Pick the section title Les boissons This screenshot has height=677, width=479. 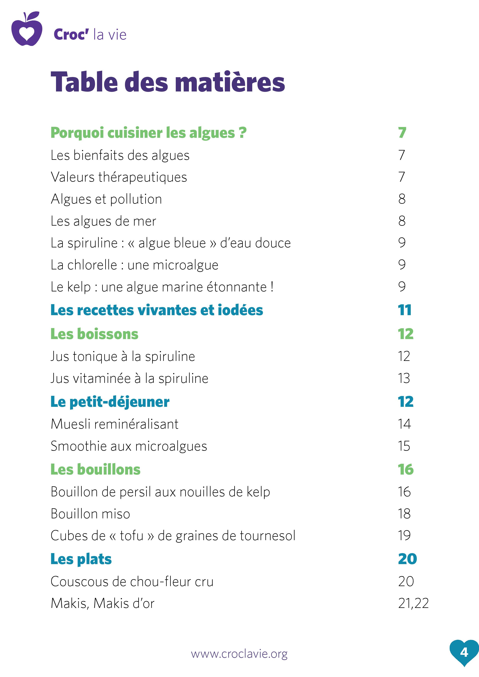94,334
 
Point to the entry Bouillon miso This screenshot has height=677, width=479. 90,514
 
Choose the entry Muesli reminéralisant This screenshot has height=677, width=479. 115,424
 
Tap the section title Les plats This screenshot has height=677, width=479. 81,559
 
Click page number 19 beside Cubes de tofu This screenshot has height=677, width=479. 404,536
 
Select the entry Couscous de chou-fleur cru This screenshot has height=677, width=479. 132,581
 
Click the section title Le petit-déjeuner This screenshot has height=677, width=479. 110,402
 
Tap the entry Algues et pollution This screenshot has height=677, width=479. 106,199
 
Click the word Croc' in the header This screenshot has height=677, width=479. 71,35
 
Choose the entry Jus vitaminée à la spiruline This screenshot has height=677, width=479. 129,378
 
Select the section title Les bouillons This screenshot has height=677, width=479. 95,469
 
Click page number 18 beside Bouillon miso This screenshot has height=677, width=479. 404,514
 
